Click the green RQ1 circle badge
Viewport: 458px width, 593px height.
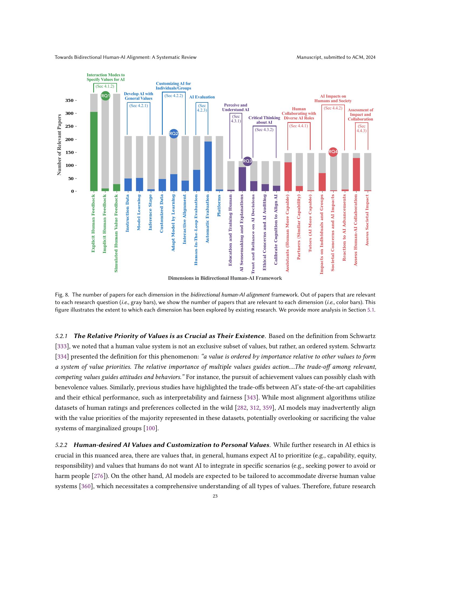tap(105, 96)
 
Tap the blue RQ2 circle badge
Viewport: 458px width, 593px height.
tap(174, 133)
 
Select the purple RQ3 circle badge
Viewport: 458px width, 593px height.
tap(247, 161)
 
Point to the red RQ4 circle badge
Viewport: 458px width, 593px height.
tap(333, 152)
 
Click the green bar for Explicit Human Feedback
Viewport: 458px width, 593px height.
tap(94, 151)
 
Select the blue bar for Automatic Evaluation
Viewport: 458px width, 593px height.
tap(208, 166)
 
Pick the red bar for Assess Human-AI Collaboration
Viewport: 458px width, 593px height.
tap(356, 174)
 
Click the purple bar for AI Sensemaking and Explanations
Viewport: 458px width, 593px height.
tap(242, 179)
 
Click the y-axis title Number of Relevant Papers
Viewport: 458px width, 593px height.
tap(59, 144)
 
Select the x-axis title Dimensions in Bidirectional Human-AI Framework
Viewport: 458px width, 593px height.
tap(225, 278)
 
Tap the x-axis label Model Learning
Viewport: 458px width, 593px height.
tap(139, 212)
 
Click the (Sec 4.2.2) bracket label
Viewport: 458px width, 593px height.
tap(174, 96)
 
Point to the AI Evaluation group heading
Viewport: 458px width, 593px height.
tap(202, 97)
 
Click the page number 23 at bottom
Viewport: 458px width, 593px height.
tap(215, 496)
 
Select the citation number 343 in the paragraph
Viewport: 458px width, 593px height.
tap(250, 398)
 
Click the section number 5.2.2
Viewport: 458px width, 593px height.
tap(61, 445)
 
